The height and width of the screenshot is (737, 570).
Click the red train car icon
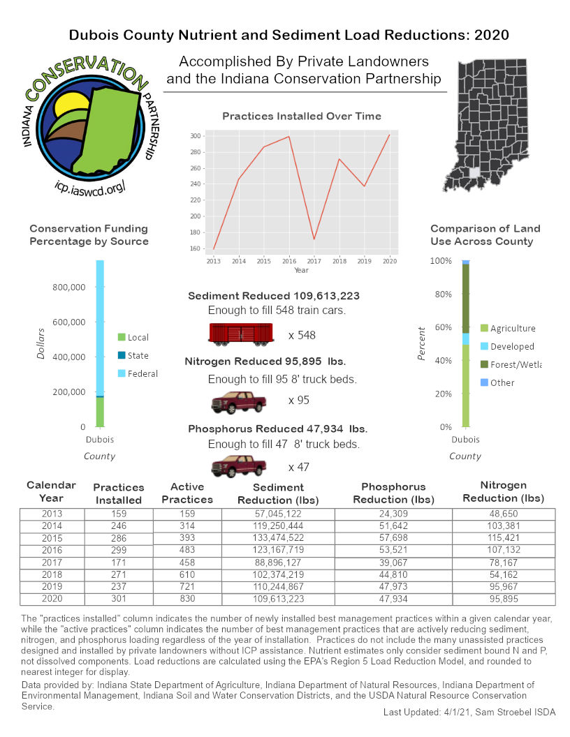pyautogui.click(x=240, y=334)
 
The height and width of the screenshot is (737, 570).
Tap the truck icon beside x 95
pyautogui.click(x=239, y=402)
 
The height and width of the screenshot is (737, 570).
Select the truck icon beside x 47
pyautogui.click(x=239, y=466)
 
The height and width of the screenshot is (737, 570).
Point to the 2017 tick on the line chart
pyautogui.click(x=314, y=260)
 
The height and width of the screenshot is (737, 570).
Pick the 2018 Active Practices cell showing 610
pyautogui.click(x=187, y=574)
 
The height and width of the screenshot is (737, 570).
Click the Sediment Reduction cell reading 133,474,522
pyautogui.click(x=279, y=538)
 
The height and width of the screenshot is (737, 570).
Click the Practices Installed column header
pyautogui.click(x=118, y=493)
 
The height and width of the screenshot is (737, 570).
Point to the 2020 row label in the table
pyautogui.click(x=52, y=598)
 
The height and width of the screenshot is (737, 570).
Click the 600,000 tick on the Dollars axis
pyautogui.click(x=69, y=322)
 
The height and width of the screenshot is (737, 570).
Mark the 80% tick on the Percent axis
pyautogui.click(x=442, y=294)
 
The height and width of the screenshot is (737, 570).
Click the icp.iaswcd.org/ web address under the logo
pyautogui.click(x=89, y=186)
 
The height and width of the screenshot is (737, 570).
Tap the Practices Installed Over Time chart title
pyautogui.click(x=301, y=116)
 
